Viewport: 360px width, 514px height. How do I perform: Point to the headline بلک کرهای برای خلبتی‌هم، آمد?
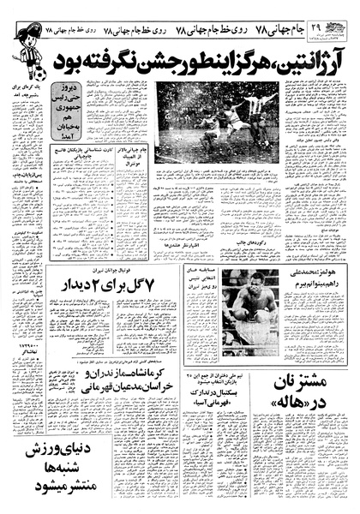(x=25, y=93)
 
